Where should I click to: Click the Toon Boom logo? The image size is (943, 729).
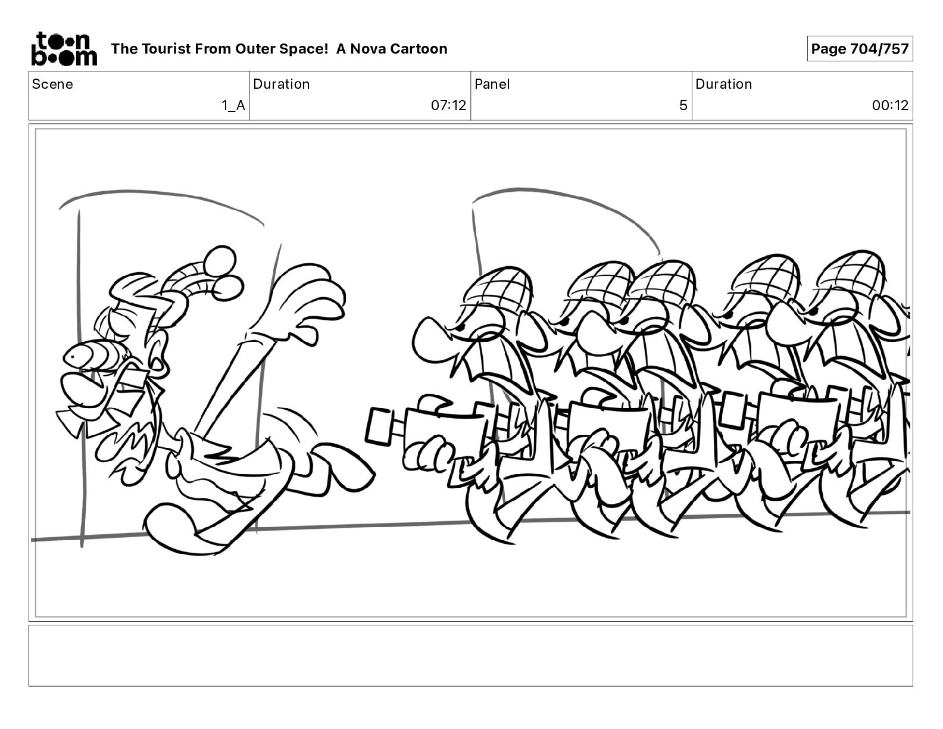tap(64, 49)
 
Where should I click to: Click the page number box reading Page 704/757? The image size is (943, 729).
tap(860, 49)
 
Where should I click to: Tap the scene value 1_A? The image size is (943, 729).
tap(233, 105)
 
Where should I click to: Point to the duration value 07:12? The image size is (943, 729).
tap(448, 105)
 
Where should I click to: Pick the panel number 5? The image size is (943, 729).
tap(683, 105)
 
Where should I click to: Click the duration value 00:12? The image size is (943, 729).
tap(890, 105)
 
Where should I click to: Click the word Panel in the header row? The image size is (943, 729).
tap(492, 84)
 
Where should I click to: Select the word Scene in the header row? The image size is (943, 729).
tap(52, 84)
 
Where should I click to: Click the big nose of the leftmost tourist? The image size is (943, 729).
tap(434, 337)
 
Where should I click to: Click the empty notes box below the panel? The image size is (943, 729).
tap(471, 656)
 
